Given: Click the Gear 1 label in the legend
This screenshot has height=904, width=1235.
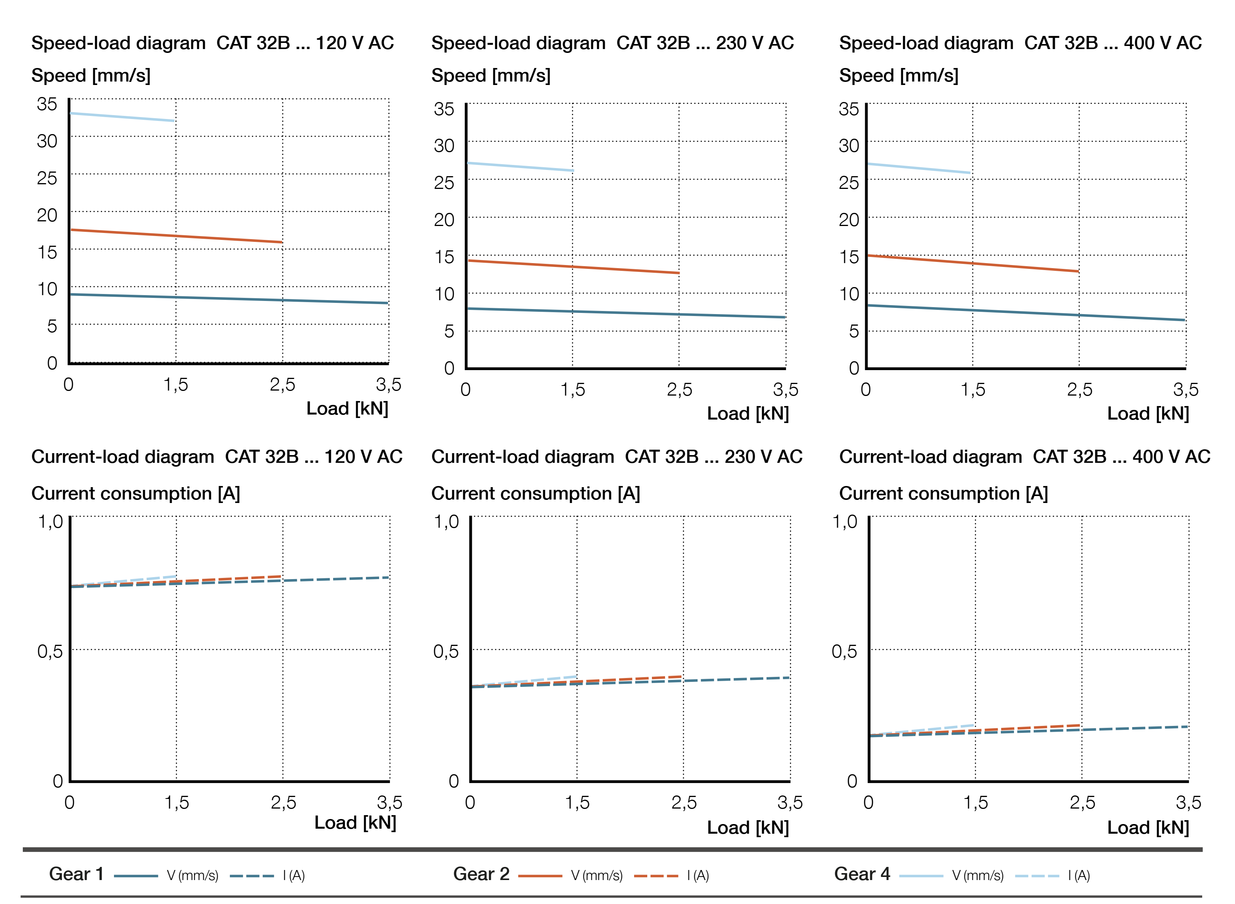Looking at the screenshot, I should tap(76, 874).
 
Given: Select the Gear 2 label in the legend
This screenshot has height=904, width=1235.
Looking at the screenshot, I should tap(481, 874).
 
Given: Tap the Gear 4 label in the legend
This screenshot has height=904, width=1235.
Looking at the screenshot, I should tap(862, 874).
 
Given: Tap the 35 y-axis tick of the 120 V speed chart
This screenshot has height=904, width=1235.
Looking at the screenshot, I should tap(47, 104).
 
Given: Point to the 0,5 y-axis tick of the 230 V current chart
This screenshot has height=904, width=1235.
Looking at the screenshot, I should tap(446, 651).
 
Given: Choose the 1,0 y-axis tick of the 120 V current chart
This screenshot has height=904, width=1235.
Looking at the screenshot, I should tap(50, 522).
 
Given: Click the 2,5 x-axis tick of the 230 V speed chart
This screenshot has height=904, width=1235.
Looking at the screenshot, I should tap(679, 390).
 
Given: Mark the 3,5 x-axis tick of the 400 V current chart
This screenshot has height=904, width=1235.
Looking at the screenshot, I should tap(1188, 803).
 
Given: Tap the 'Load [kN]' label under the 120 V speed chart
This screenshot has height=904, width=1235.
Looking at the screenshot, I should tap(347, 408).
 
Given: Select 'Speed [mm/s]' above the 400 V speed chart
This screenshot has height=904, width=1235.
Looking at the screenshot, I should tap(898, 75).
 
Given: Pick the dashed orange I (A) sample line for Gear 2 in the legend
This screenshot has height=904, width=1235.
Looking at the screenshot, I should tap(656, 876).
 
